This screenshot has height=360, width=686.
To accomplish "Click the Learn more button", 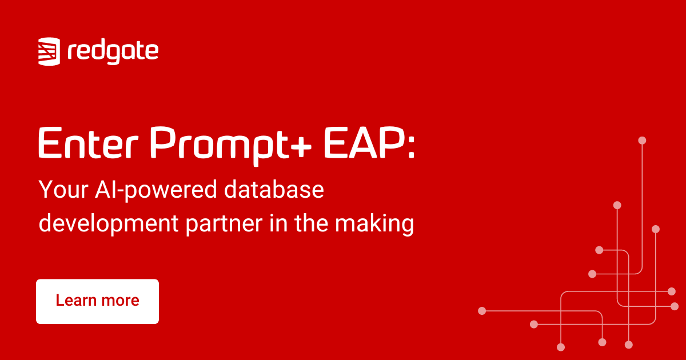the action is click(x=97, y=302).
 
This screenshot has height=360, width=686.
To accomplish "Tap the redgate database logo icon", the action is click(x=49, y=51).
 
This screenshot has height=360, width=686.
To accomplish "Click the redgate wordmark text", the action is click(x=113, y=52).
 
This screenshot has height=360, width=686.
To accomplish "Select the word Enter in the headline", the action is click(x=89, y=143).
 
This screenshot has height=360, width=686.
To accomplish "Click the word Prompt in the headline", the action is click(x=220, y=146).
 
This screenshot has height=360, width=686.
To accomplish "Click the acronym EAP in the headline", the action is click(x=365, y=143).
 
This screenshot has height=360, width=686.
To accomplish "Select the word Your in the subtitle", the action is click(x=63, y=190).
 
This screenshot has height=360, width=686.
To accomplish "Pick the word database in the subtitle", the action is click(x=274, y=189).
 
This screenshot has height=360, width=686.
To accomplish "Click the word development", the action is click(x=109, y=225).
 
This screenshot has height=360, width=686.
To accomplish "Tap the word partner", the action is click(x=224, y=225).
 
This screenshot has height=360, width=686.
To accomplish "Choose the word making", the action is click(x=374, y=225).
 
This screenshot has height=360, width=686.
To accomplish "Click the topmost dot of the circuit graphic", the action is click(x=642, y=141).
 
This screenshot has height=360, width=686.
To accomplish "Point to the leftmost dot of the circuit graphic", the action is click(x=482, y=311).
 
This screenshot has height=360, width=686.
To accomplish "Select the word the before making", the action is click(x=311, y=223).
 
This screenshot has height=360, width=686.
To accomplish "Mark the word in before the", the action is click(x=279, y=223).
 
